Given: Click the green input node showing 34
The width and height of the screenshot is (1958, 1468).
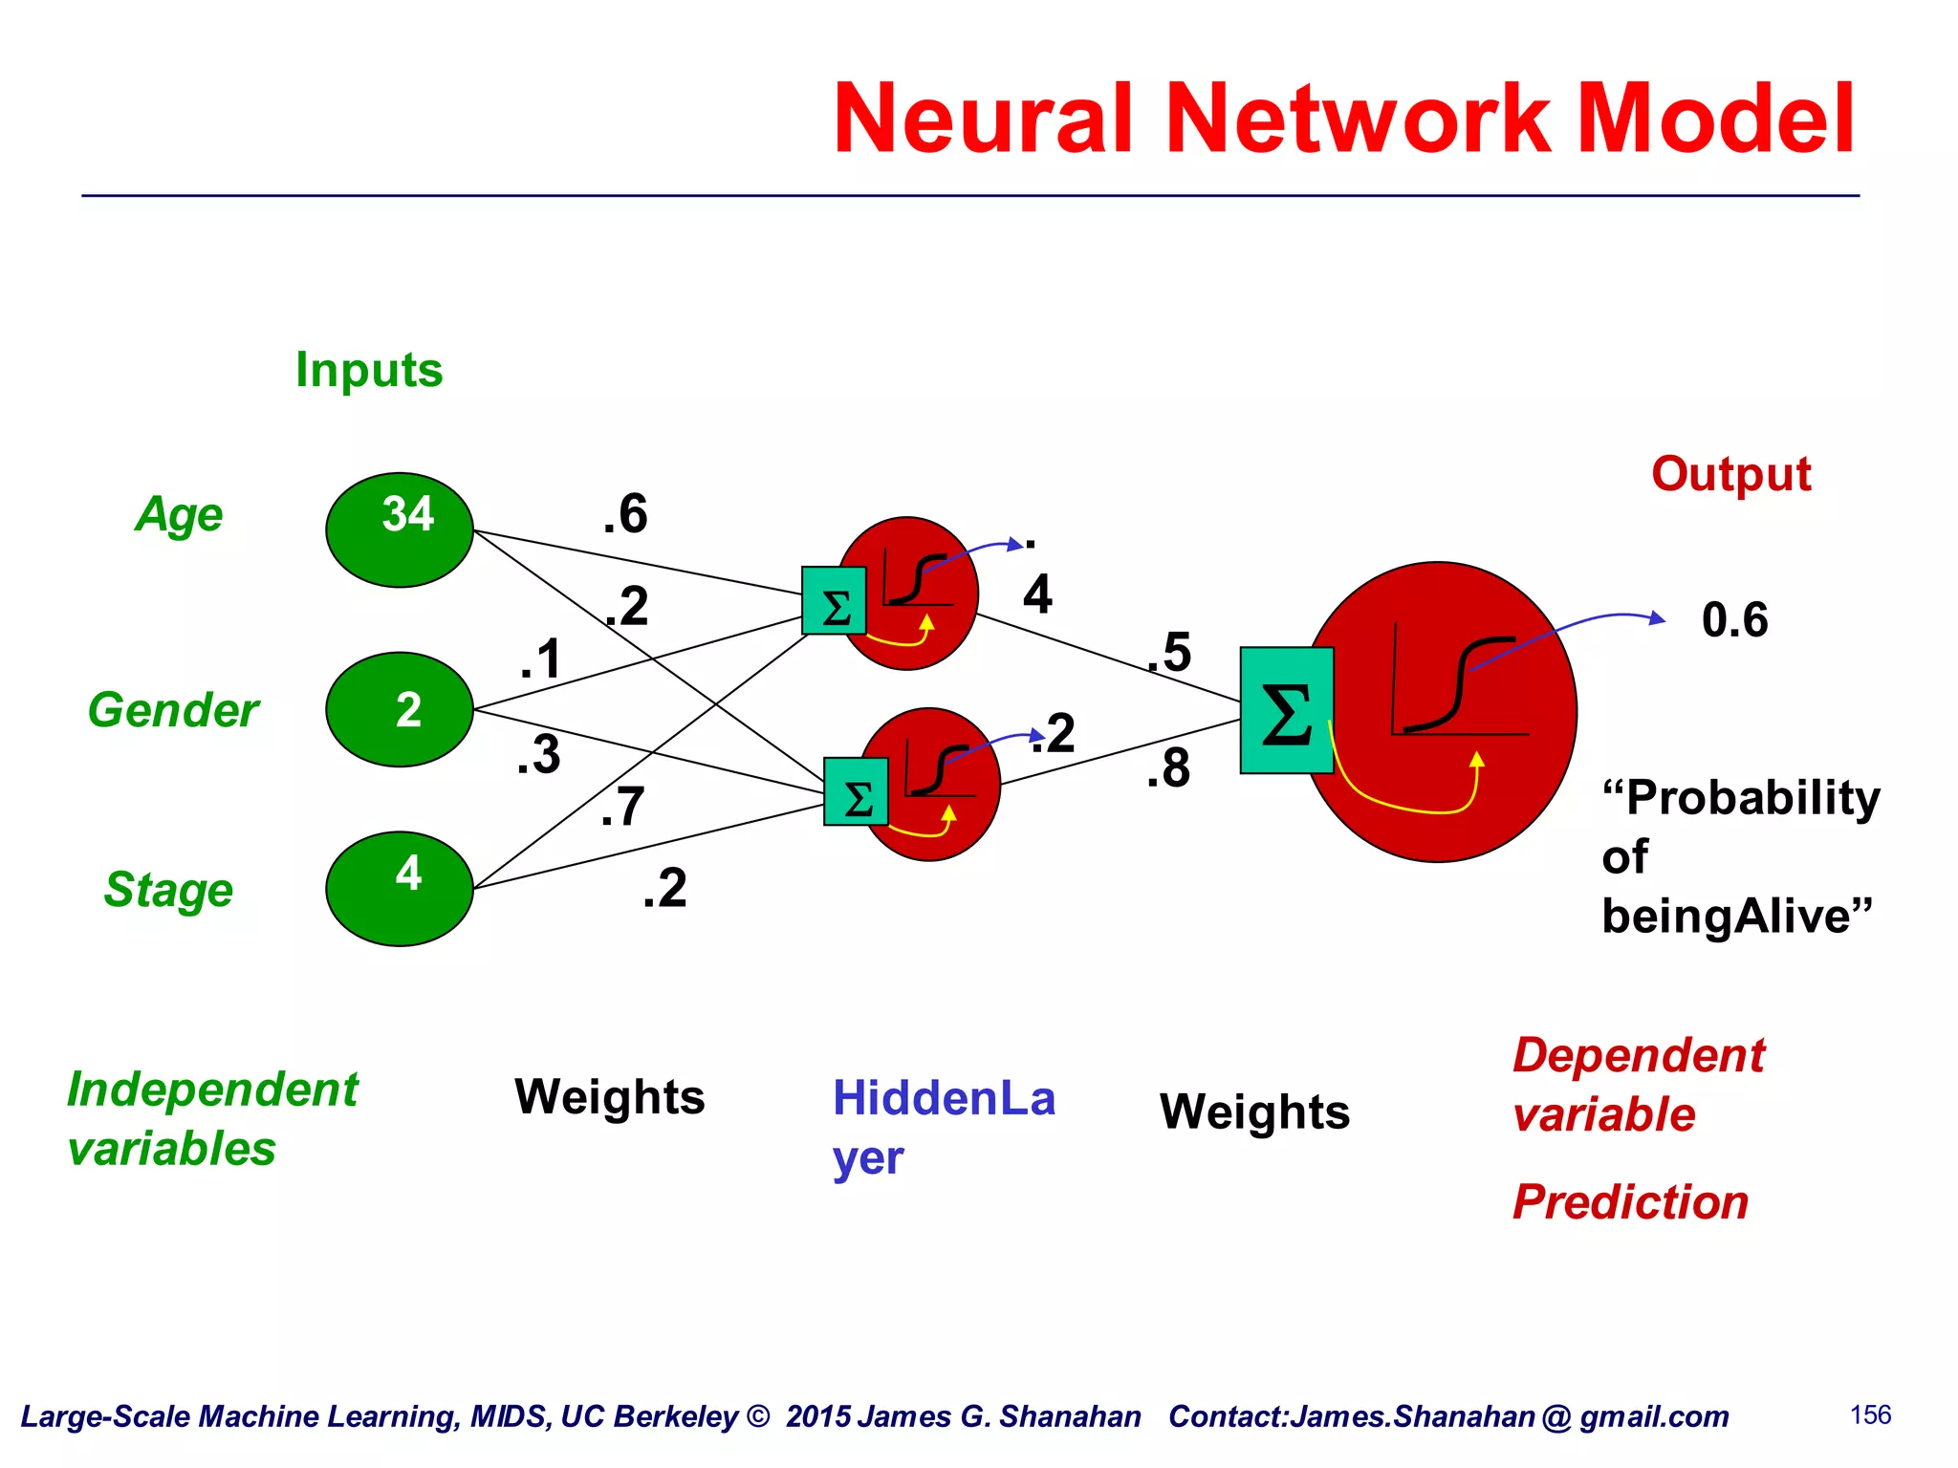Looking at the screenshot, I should [x=400, y=529].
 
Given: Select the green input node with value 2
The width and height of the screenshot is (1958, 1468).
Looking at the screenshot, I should [x=400, y=709].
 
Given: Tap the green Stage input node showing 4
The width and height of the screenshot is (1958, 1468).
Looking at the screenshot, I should [x=400, y=888].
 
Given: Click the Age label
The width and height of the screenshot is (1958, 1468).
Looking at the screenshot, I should [x=179, y=516].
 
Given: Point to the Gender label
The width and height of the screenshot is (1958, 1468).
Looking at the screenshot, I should [x=173, y=710].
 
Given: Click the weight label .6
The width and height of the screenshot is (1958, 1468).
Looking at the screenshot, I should [x=625, y=513].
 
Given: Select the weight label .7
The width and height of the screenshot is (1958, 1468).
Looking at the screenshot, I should [x=622, y=807].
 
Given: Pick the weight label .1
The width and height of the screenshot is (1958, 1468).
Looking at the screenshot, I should [x=540, y=659].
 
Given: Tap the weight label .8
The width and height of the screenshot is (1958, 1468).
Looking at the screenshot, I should [x=1168, y=768].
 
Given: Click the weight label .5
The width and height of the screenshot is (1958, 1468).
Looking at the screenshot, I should [x=1169, y=653].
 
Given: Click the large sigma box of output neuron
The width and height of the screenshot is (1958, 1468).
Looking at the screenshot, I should [x=1286, y=710].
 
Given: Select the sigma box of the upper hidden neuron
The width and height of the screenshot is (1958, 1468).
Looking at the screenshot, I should [x=834, y=601].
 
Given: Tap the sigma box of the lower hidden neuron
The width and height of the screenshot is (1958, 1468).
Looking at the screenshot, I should [x=856, y=791].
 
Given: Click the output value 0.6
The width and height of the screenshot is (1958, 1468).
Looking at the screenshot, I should [x=1734, y=619].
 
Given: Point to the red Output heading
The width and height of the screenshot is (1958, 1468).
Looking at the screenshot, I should [x=1730, y=474].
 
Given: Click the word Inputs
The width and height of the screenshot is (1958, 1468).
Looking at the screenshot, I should [x=369, y=370].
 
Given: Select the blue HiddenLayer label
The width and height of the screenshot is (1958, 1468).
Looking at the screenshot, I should [x=943, y=1126].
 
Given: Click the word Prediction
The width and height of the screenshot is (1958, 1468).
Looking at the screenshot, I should [x=1630, y=1201].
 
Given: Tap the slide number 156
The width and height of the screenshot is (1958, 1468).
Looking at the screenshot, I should [x=1870, y=1414].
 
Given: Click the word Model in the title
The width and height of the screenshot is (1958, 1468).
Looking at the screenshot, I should [x=1716, y=119].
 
